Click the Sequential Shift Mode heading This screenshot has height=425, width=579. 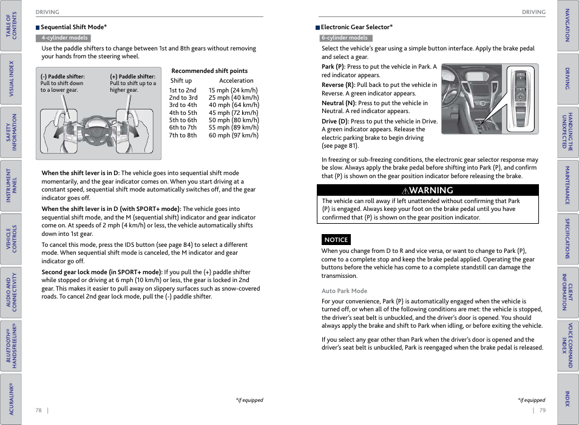coord(73,27)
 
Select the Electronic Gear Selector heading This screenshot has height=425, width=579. coord(356,27)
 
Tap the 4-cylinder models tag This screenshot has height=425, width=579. coord(64,38)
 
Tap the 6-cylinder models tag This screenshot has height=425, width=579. coord(345,38)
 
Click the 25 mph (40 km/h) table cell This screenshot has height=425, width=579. coord(234,98)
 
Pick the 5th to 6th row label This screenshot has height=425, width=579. coord(183,120)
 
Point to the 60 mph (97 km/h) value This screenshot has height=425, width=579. coord(234,136)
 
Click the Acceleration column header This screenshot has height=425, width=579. coord(236,81)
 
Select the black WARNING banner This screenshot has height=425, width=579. coord(427,190)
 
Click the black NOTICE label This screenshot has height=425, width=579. coord(336,240)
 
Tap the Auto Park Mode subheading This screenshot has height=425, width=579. coord(344,291)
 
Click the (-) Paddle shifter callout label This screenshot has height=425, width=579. coord(63,77)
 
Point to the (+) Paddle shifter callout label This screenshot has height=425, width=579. coord(132,77)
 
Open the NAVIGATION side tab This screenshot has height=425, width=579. coord(567,25)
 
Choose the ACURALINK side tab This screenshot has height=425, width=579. coord(10,398)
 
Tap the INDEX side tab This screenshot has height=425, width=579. coord(567,398)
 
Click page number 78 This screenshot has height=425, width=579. coord(39,410)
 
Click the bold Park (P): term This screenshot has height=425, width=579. coord(333,67)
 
